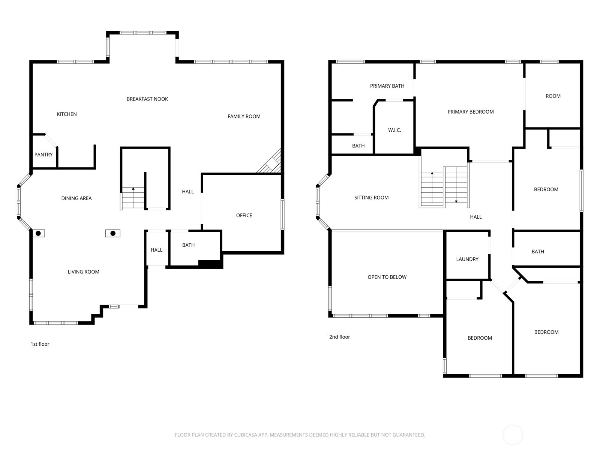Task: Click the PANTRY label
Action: click(x=43, y=154)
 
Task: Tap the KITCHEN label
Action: click(x=67, y=114)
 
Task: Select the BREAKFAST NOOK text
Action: click(x=147, y=99)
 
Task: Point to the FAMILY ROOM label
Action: click(x=244, y=116)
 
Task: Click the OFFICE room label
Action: click(x=244, y=215)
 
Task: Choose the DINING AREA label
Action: click(x=76, y=198)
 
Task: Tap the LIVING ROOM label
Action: click(x=84, y=272)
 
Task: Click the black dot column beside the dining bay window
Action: click(x=39, y=233)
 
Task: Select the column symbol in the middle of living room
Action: click(x=113, y=233)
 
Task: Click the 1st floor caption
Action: click(x=40, y=344)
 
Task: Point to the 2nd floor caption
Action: click(x=339, y=337)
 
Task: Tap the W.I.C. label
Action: click(x=394, y=130)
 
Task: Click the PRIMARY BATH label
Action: click(x=387, y=86)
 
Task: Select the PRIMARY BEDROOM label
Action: click(x=470, y=112)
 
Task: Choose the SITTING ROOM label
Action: click(x=371, y=198)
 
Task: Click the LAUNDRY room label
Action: click(x=467, y=259)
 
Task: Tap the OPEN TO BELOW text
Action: click(x=387, y=277)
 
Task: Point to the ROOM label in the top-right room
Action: click(x=553, y=96)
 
